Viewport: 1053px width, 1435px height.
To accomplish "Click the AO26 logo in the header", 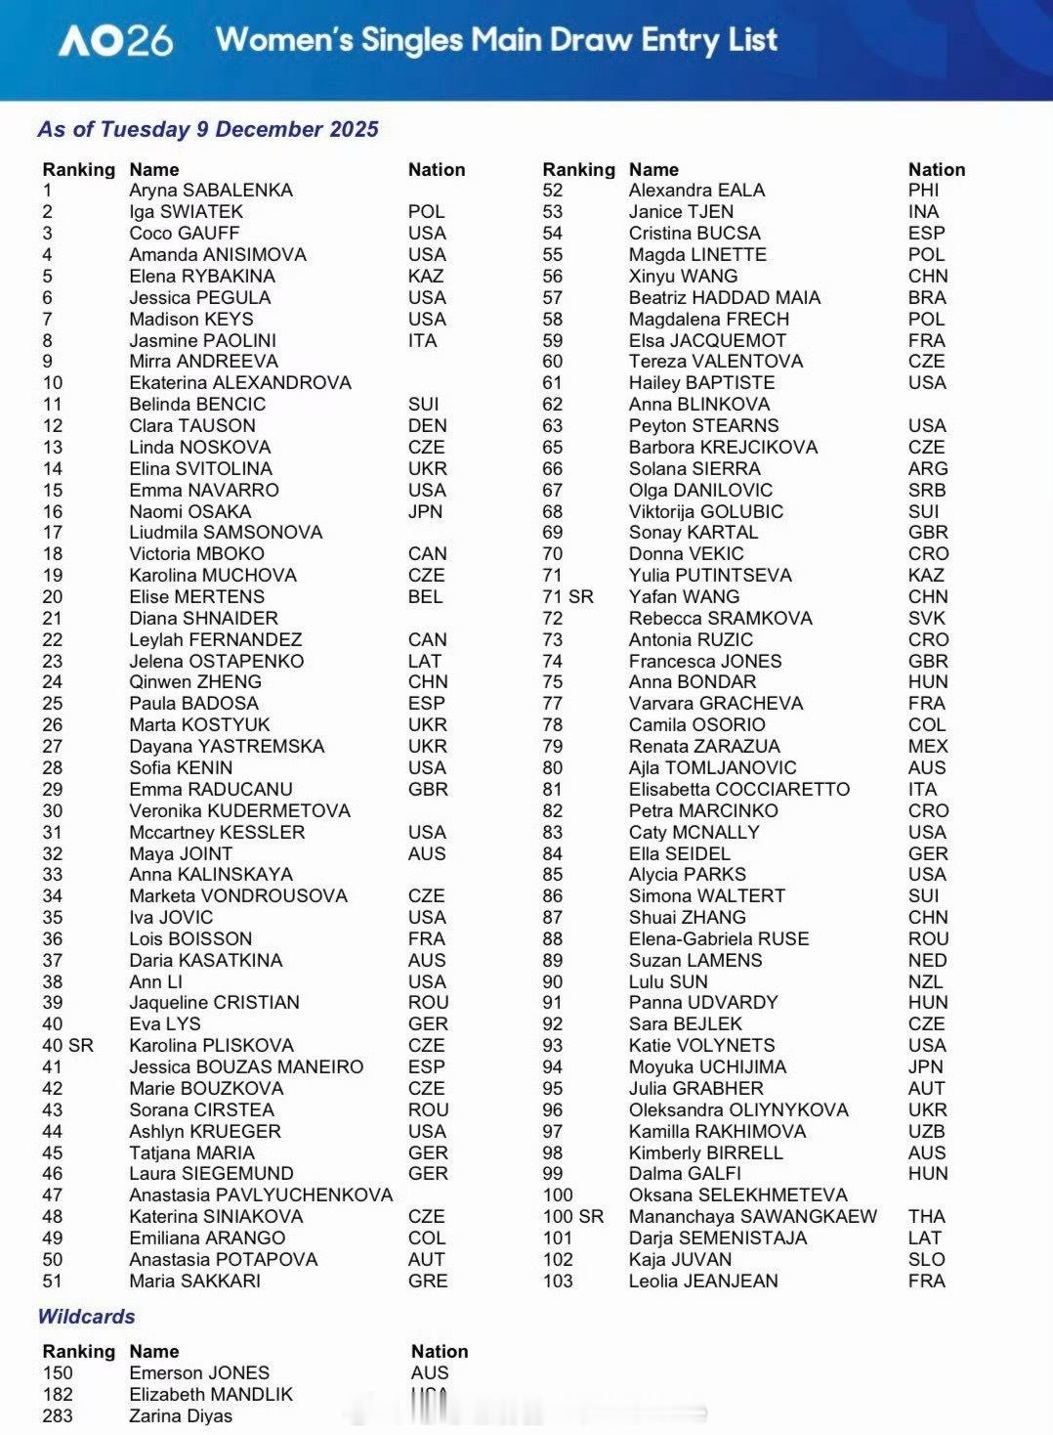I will click(x=115, y=41).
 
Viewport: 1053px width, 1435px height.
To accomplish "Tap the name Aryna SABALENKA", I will click(x=210, y=191).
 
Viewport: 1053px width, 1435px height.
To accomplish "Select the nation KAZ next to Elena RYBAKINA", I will click(x=426, y=277).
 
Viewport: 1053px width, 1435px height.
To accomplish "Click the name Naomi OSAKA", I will click(x=190, y=511).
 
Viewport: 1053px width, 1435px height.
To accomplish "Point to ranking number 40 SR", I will click(x=67, y=1046).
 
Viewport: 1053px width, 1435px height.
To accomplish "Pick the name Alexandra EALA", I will click(x=696, y=191).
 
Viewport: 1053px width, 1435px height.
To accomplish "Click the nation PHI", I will click(x=923, y=191).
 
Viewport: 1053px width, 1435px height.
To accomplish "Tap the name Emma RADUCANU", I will click(x=210, y=790).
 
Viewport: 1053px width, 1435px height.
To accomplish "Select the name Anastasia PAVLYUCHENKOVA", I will click(x=261, y=1196).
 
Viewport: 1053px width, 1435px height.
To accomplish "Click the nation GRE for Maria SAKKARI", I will click(x=428, y=1282).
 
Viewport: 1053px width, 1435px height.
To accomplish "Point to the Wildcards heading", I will click(x=86, y=1317).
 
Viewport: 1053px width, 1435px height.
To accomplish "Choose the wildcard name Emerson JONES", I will click(x=199, y=1373).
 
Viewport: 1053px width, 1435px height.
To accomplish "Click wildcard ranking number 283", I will click(x=58, y=1416).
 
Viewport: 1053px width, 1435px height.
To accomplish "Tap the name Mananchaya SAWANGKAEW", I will click(x=752, y=1217).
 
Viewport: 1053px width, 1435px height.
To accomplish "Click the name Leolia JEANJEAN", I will click(x=703, y=1282).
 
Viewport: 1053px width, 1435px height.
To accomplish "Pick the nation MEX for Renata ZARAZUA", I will click(x=928, y=747).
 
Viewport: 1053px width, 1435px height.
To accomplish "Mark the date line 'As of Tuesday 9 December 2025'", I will click(x=208, y=129).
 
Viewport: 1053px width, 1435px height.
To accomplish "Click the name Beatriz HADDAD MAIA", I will click(x=724, y=298).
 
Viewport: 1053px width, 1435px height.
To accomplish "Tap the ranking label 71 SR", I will click(x=568, y=597).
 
